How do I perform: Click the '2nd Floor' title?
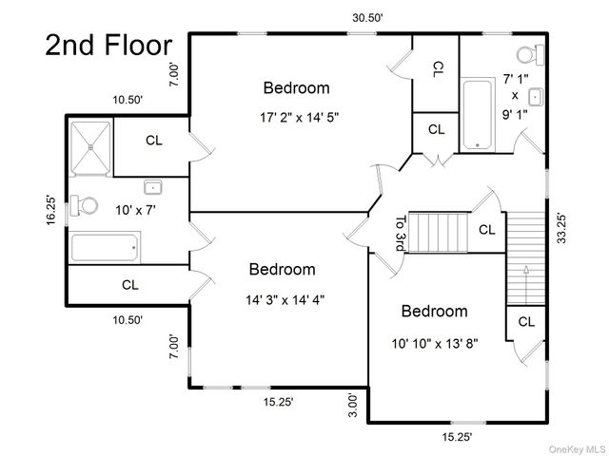tap(108, 45)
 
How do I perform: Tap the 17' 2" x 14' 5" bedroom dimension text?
tap(299, 117)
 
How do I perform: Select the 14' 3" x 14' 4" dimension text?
tap(285, 300)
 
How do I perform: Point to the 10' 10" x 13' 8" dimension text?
tap(435, 344)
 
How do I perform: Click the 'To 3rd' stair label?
tap(401, 234)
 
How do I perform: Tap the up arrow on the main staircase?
tap(526, 285)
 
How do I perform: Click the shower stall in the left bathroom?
tap(91, 148)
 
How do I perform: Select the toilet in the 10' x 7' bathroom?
tap(84, 205)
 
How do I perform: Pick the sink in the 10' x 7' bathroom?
tap(153, 187)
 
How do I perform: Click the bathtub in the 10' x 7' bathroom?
tap(105, 247)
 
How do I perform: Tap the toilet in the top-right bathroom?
tap(531, 55)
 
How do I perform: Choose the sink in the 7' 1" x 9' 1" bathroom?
tap(537, 97)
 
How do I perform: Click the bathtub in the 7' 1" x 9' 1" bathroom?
tap(478, 115)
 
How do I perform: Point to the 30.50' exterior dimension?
tap(368, 18)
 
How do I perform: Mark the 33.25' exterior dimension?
tap(561, 228)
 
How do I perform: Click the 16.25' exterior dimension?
tap(50, 210)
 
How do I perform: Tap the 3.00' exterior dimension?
tap(352, 406)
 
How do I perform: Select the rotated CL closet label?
tap(438, 69)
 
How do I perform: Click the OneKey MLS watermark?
tap(578, 449)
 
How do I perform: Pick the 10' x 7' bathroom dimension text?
tap(135, 210)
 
